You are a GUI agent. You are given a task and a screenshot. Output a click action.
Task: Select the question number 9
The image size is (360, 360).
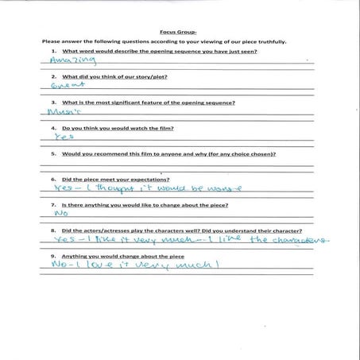[x=52, y=254]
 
